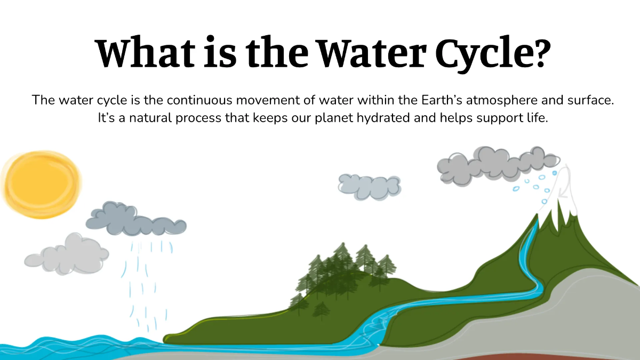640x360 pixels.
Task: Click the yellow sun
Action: (x=41, y=185)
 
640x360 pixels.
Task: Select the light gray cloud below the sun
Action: (x=67, y=254)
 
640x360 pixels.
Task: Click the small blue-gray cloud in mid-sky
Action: (x=370, y=187)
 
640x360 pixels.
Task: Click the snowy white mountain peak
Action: (x=560, y=197)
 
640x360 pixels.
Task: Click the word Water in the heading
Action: (x=372, y=52)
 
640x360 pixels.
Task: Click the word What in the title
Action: (x=145, y=52)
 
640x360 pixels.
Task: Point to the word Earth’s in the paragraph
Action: (x=442, y=100)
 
